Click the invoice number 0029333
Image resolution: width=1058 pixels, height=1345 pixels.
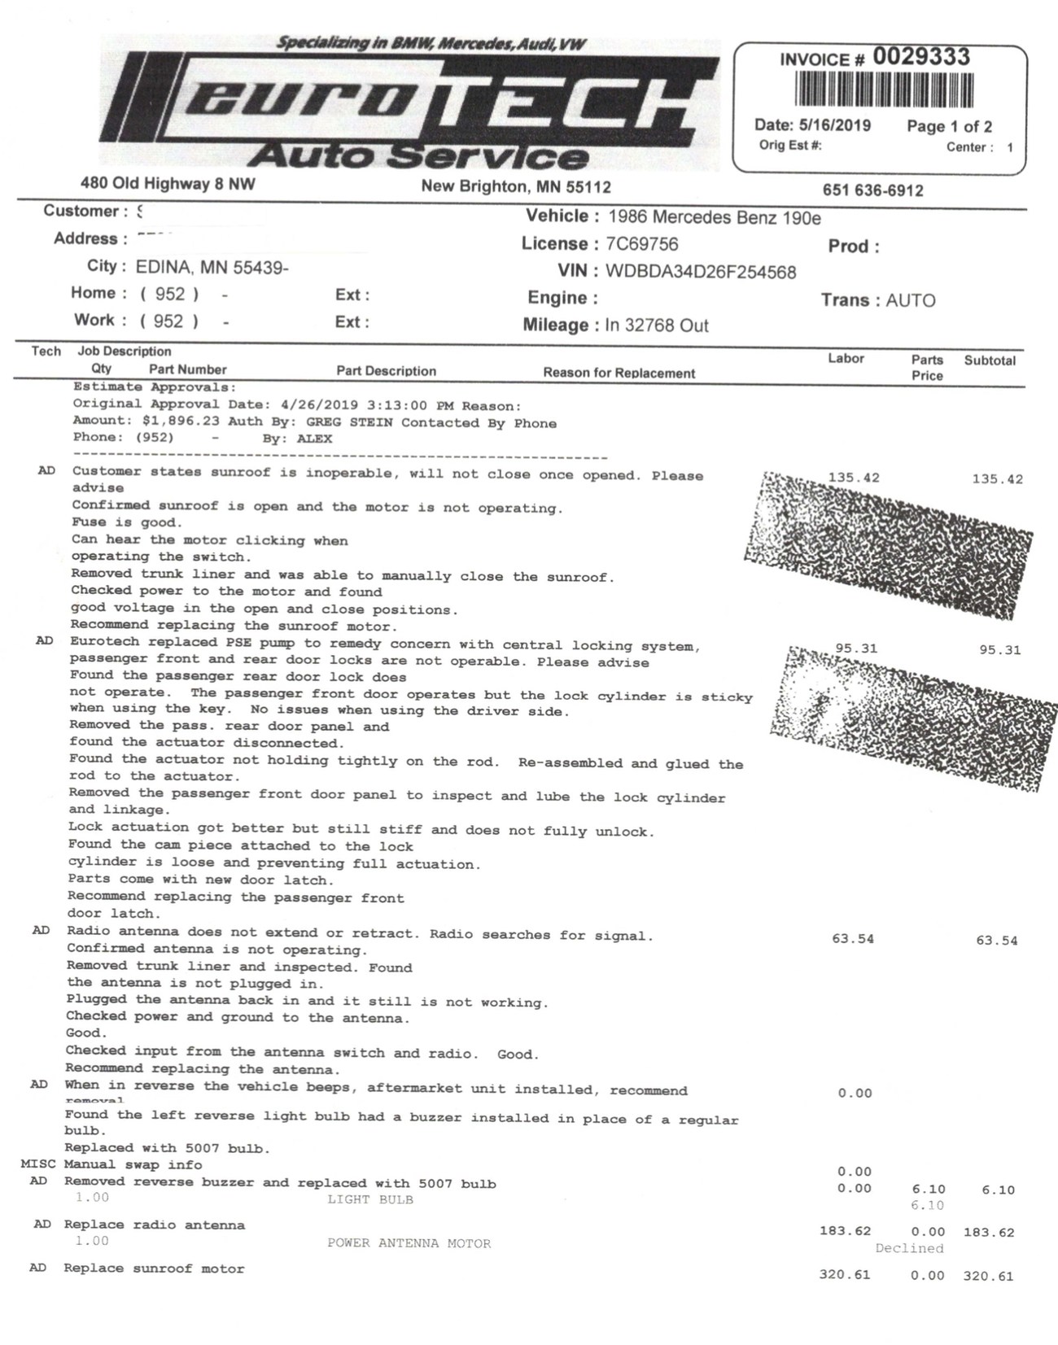click(921, 57)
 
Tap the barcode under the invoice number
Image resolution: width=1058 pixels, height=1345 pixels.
click(884, 90)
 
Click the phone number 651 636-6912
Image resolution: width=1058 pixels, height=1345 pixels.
click(872, 190)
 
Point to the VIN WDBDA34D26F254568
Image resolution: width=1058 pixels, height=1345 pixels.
click(701, 272)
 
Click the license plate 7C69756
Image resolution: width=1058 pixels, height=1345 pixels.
click(641, 244)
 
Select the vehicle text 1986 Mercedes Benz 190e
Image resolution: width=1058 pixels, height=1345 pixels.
click(715, 217)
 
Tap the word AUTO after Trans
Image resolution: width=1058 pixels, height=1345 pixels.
click(910, 300)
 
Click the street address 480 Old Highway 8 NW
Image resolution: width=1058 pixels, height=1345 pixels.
click(168, 184)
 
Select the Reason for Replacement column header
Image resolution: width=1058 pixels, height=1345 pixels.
click(619, 373)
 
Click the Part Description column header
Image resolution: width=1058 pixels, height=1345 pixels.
click(386, 371)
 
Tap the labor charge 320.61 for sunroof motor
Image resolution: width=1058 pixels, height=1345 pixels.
click(844, 1274)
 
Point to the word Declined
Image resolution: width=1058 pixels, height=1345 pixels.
click(909, 1248)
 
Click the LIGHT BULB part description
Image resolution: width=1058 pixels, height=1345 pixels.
click(370, 1199)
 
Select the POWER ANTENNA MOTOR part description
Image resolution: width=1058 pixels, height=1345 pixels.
click(409, 1243)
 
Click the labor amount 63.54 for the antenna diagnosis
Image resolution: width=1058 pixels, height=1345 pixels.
click(852, 939)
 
